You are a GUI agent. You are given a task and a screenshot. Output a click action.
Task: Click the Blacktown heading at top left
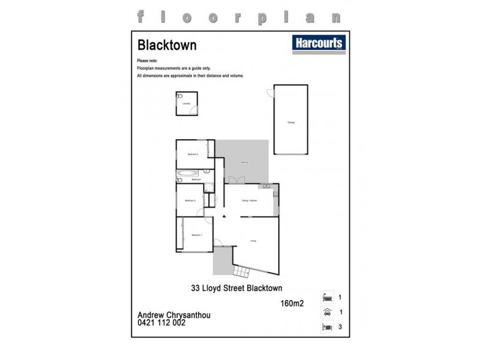[159, 45]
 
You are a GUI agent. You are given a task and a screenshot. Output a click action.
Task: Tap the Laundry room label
[185, 104]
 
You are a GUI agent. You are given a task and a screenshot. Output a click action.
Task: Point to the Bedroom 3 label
[193, 154]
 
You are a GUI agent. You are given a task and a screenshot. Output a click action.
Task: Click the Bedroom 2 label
[191, 200]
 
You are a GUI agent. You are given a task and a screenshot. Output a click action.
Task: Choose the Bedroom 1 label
[197, 236]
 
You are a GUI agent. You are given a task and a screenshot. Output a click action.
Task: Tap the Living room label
[254, 241]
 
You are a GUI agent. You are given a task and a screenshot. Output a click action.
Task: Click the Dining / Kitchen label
[250, 200]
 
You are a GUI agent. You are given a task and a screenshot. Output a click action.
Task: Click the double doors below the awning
[239, 180]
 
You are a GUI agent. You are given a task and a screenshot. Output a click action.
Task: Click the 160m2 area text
[293, 303]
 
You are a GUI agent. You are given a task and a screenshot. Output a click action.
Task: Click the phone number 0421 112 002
[161, 323]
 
